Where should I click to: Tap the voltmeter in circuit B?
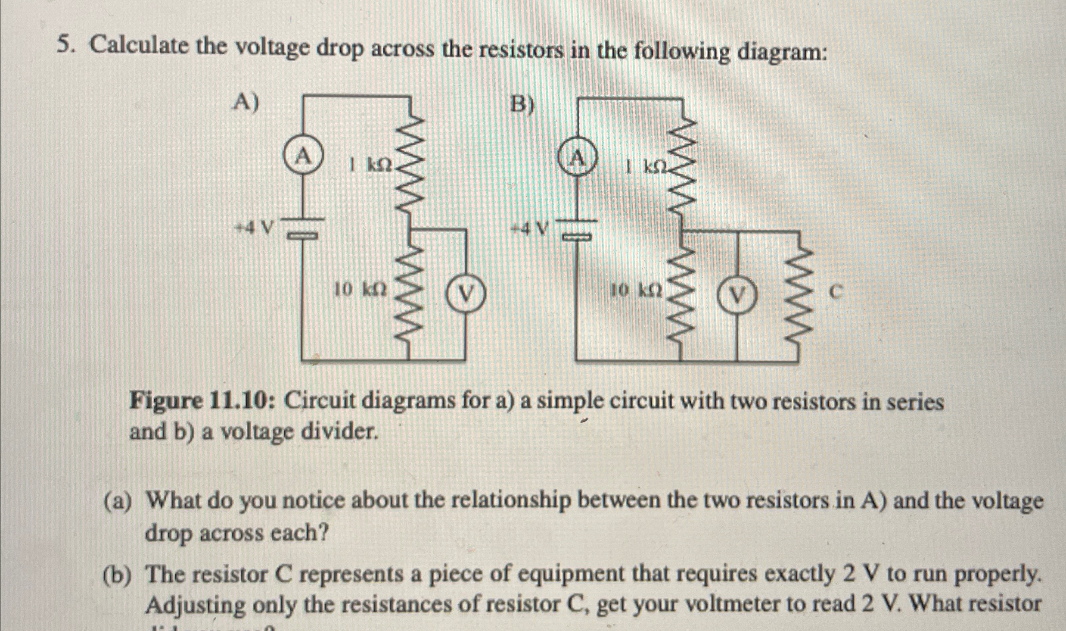737,295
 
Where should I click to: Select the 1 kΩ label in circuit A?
371,165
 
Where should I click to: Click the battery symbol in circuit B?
578,228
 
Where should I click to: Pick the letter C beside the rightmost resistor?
835,293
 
